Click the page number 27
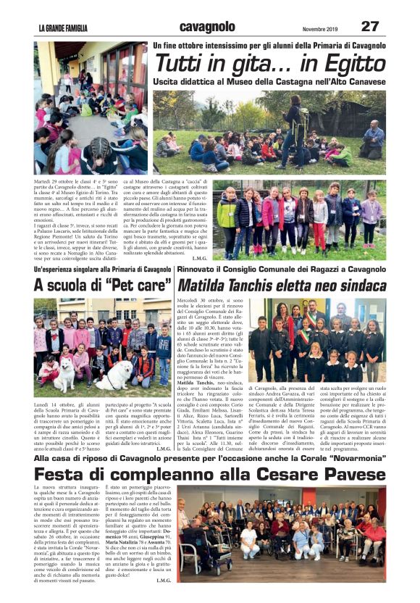tap(369, 26)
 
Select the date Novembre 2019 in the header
tap(319, 28)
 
